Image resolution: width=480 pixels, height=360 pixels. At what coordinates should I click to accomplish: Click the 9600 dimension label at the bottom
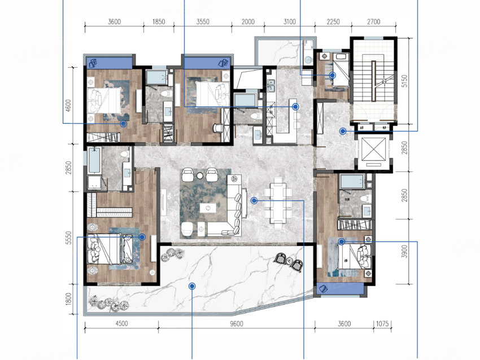click(x=236, y=323)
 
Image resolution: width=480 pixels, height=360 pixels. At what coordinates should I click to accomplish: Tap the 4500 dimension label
click(x=121, y=323)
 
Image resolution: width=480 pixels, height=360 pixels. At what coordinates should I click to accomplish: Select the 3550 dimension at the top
click(x=203, y=21)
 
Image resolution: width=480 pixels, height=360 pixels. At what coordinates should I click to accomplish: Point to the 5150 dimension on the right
click(x=405, y=81)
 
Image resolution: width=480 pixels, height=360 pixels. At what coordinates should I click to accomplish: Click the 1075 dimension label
click(x=382, y=323)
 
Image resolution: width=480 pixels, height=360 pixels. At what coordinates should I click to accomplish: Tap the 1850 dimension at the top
click(x=159, y=21)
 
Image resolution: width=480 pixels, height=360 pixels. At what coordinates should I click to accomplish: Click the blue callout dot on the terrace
click(x=192, y=286)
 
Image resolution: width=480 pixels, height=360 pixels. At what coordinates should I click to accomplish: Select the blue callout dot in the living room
click(x=254, y=200)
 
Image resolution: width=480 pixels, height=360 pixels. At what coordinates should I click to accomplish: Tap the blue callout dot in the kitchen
click(x=295, y=107)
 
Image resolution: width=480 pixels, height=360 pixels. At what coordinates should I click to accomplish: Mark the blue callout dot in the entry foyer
click(x=343, y=131)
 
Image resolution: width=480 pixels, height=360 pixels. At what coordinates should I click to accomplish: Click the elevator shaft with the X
click(x=374, y=150)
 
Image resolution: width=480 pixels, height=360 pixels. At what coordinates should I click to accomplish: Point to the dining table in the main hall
click(x=278, y=203)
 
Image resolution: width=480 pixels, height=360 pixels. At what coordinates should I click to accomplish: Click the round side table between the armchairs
click(x=200, y=175)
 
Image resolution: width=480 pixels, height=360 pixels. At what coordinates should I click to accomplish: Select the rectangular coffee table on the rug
click(x=208, y=208)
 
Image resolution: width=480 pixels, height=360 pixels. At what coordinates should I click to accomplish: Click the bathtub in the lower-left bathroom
click(x=94, y=160)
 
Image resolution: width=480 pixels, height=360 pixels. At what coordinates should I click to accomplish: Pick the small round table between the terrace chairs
click(x=289, y=261)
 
